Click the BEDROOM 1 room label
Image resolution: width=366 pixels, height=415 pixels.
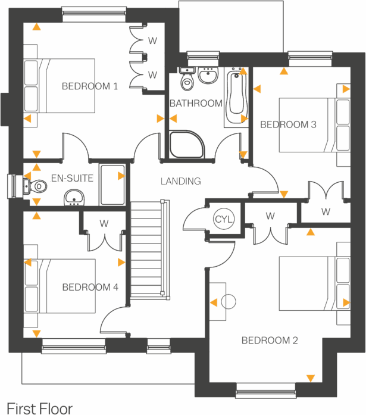[90, 87]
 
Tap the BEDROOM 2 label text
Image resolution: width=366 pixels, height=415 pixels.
[270, 341]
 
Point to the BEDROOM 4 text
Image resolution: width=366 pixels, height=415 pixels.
[90, 287]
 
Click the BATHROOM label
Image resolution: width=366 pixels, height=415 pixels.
[195, 104]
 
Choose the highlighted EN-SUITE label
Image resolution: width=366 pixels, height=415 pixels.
[73, 177]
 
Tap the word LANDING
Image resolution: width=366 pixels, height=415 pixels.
[181, 181]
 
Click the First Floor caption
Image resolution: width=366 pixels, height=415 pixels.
[40, 409]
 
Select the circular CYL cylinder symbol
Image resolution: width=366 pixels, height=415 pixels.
[221, 219]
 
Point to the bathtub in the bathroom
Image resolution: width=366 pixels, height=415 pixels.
[236, 95]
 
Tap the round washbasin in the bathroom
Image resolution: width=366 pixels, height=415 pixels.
[208, 74]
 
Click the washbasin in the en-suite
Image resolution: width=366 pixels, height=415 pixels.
[74, 196]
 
